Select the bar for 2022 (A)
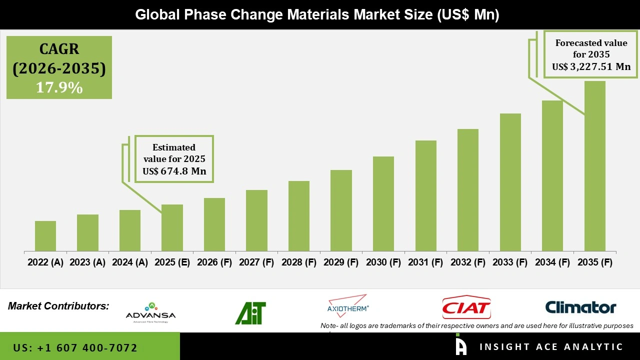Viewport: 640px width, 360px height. click(x=45, y=236)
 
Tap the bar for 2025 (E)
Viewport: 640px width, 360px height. click(x=172, y=227)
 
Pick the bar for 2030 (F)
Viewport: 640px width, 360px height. click(x=383, y=203)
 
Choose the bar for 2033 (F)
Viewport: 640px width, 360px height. click(x=510, y=182)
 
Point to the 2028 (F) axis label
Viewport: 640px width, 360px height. click(x=299, y=262)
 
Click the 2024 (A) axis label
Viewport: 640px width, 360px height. click(x=130, y=262)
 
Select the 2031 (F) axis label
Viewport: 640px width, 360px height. click(x=426, y=262)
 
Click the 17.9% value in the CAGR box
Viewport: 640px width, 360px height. click(x=59, y=87)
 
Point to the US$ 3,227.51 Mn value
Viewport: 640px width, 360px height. click(x=591, y=66)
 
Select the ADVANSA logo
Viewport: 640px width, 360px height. click(x=150, y=312)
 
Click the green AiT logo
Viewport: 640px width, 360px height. click(x=250, y=313)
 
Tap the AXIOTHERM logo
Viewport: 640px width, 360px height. click(x=348, y=306)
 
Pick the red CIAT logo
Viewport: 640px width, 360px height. click(x=466, y=307)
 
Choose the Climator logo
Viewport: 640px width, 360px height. click(x=580, y=307)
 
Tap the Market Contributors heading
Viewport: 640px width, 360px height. click(x=58, y=305)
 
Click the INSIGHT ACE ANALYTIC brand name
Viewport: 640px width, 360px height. click(x=551, y=346)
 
